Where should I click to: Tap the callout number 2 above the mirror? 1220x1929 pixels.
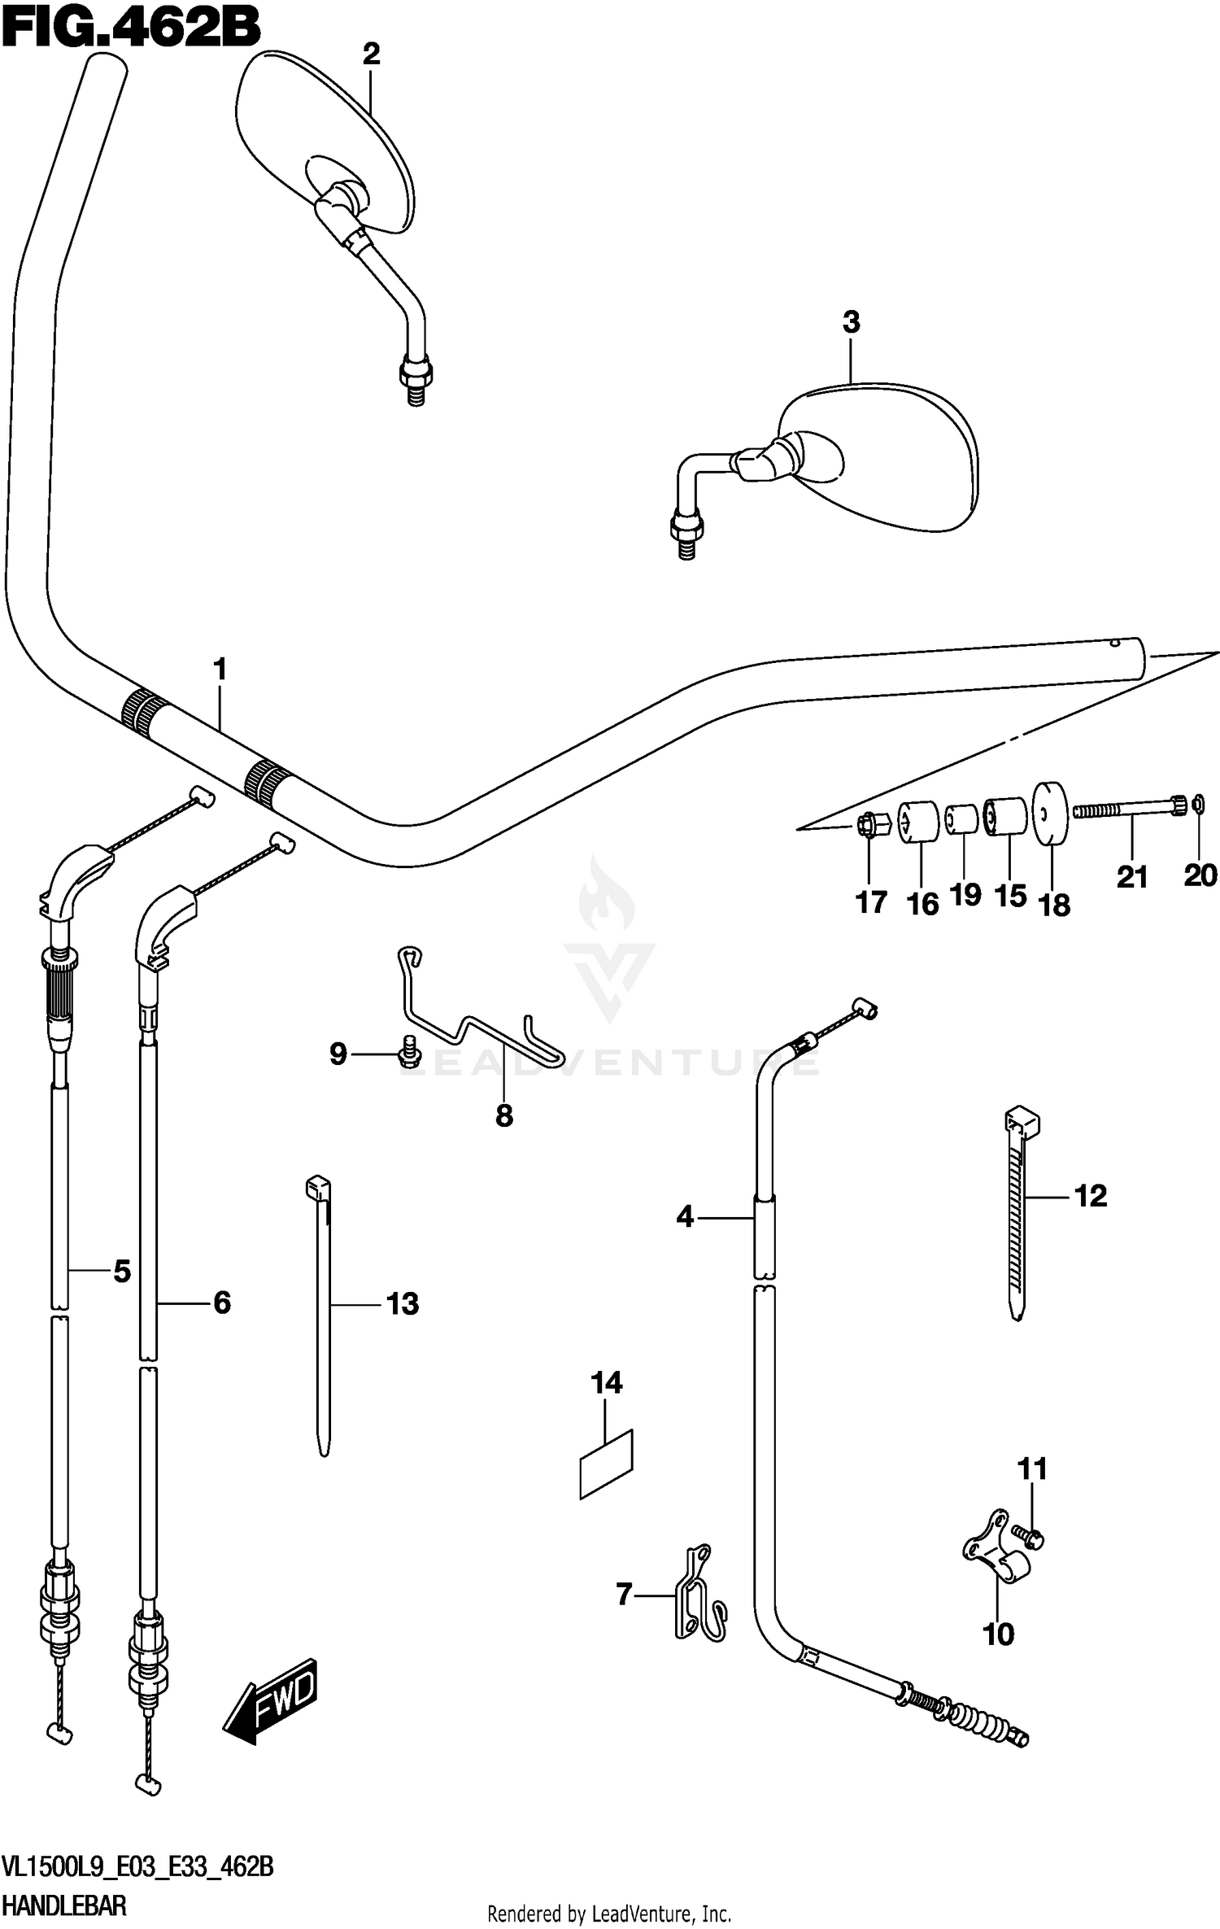371,55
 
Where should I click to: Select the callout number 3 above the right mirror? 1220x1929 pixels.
851,322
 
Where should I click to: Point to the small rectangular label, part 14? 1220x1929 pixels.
606,1465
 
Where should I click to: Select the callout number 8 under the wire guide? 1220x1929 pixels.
503,1115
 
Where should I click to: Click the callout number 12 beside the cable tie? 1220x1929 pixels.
1091,1195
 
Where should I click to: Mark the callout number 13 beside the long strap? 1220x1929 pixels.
403,1303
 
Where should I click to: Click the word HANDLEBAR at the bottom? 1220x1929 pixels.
65,1905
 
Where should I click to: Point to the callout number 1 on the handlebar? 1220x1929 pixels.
219,670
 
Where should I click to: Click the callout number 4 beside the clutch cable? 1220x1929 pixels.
685,1217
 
